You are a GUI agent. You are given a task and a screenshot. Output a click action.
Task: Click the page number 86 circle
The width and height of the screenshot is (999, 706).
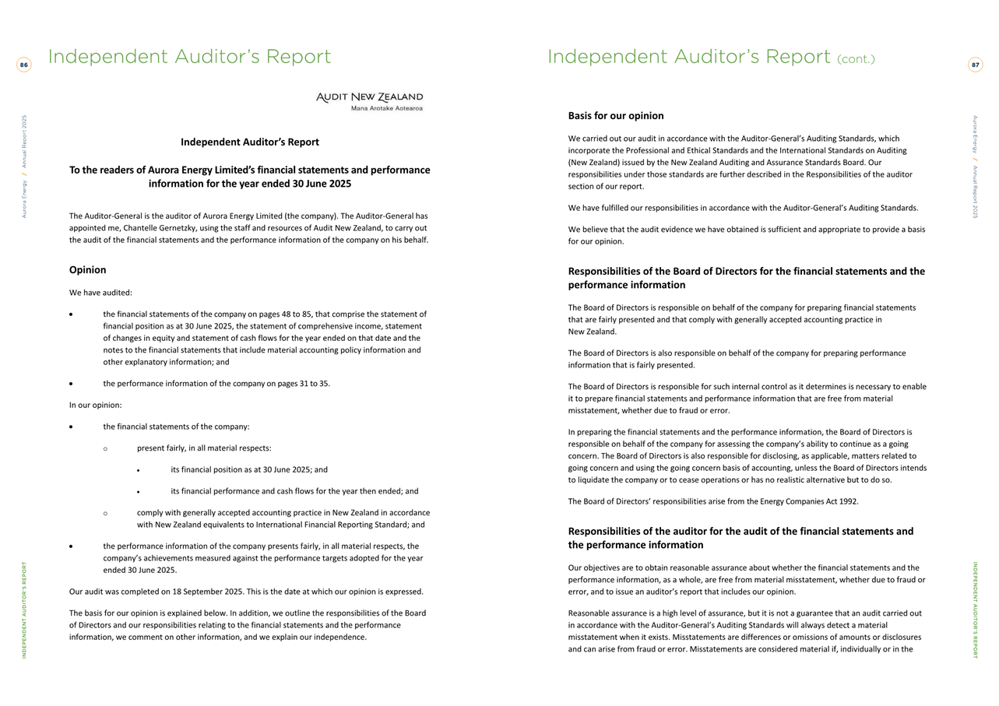24,65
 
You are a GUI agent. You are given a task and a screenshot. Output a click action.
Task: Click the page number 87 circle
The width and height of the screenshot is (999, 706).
975,65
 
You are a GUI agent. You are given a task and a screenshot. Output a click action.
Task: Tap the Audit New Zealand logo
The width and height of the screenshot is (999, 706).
370,101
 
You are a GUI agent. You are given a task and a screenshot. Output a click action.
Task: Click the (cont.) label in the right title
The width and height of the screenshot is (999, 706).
856,59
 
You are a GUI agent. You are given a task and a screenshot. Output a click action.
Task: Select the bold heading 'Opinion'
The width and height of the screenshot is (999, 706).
87,270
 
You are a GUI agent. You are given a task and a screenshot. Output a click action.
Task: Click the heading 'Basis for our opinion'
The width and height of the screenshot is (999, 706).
615,116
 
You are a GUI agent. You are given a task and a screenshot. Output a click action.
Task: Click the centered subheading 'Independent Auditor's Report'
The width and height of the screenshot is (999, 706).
249,142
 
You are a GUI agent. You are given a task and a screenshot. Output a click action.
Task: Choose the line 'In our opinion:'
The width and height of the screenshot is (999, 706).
95,406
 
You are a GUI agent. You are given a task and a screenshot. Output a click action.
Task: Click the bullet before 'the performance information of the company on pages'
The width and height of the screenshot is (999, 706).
71,384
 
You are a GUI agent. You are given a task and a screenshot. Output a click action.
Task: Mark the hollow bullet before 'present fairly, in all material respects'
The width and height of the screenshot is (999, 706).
105,448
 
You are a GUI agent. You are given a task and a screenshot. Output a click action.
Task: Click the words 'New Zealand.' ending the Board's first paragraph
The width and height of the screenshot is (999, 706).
592,332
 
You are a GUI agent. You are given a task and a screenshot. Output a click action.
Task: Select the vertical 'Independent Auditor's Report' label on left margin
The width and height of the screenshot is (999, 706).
24,609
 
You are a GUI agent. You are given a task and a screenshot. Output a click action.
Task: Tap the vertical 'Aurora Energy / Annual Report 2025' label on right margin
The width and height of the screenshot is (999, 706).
975,167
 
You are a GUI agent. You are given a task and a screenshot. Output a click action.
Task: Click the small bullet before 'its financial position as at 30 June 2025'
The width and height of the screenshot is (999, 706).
139,470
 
